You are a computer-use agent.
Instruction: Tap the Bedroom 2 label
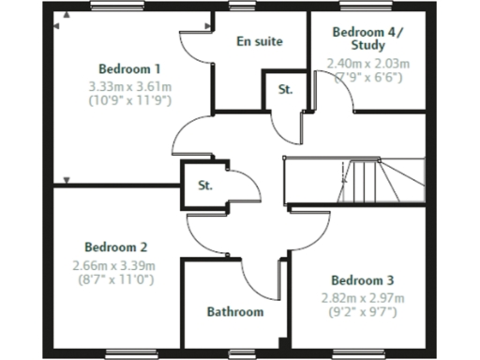coord(115,247)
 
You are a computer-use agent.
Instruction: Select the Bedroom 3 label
coord(362,280)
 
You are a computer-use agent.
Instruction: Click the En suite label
coord(260,42)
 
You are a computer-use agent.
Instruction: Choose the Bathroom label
coord(235,311)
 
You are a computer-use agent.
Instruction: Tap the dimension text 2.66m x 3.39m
coord(114,265)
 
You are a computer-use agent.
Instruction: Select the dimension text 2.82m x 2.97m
coord(362,297)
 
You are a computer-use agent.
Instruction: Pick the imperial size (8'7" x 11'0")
coord(114,279)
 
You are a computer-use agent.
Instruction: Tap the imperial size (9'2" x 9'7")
coord(362,311)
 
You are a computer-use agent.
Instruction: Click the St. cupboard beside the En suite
coord(285,90)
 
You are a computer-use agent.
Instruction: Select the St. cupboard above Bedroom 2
coord(205,185)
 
